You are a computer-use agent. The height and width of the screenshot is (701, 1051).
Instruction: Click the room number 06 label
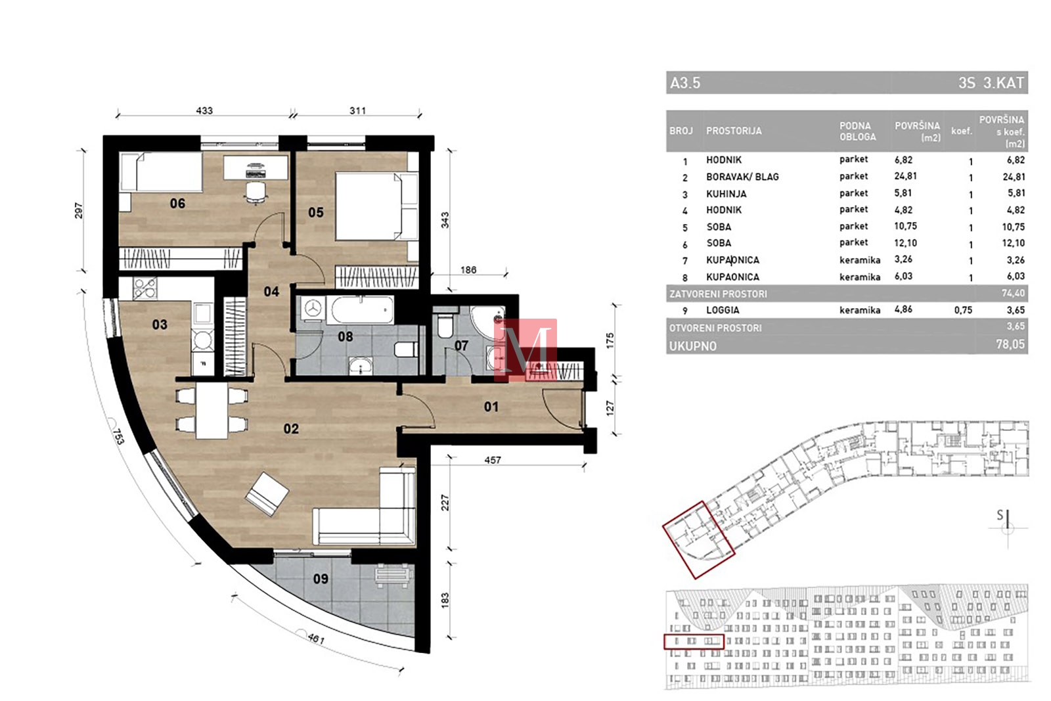177,203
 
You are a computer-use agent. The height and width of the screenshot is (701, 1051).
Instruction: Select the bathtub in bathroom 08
362,309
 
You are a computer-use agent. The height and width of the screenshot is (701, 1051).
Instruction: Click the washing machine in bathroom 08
312,309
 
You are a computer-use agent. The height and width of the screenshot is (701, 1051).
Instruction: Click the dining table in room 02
212,411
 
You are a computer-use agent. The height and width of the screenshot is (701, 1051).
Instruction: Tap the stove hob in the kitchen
145,288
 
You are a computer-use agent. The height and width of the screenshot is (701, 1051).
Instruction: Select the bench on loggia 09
393,576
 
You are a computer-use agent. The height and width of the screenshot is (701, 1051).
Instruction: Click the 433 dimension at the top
204,111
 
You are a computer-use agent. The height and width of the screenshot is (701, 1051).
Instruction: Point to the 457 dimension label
493,461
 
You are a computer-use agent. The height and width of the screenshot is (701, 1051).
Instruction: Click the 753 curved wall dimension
118,436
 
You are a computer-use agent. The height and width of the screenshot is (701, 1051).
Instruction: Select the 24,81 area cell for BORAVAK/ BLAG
905,177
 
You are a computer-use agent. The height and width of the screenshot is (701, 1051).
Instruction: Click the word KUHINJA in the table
726,194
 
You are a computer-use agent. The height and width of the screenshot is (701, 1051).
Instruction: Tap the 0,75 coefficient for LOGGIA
963,310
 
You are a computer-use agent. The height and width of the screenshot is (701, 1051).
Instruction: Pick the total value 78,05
1010,344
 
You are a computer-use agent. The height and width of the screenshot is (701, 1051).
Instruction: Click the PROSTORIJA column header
734,131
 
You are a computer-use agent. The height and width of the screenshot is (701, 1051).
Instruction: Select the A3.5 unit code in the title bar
685,83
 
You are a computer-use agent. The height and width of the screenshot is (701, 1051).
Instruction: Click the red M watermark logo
525,350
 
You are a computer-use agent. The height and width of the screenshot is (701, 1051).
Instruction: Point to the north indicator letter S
1000,515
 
